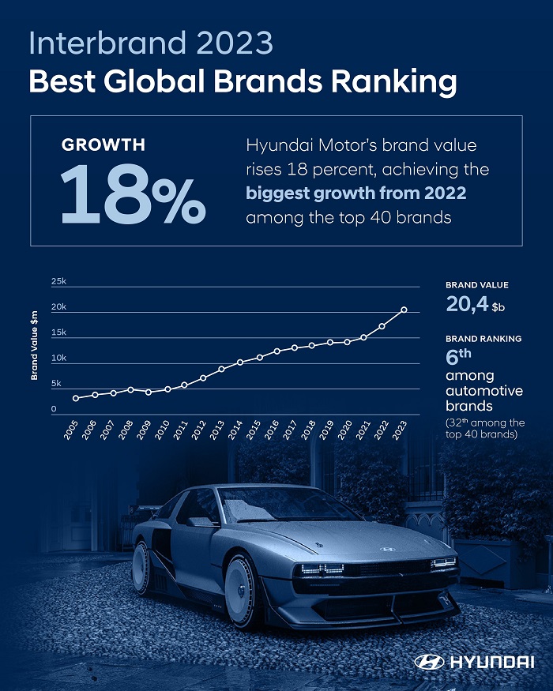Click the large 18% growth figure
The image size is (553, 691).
133,193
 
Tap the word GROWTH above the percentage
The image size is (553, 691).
103,145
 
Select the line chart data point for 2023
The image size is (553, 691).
404,310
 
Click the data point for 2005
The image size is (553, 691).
76,398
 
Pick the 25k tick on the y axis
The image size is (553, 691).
58,282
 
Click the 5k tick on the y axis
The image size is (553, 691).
56,384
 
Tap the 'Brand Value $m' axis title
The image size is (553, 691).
35,345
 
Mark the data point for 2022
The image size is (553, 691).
382,326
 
